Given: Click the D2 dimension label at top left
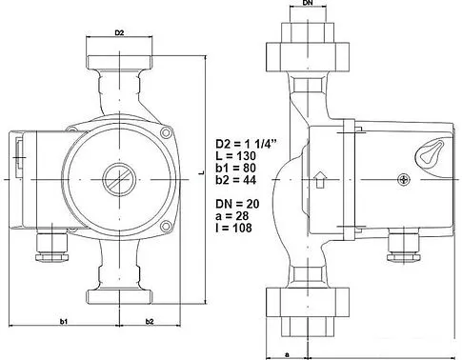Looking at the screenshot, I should click(119, 33).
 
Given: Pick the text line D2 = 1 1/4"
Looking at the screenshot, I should click(245, 146).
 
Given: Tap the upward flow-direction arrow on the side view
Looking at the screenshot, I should click(321, 179).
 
